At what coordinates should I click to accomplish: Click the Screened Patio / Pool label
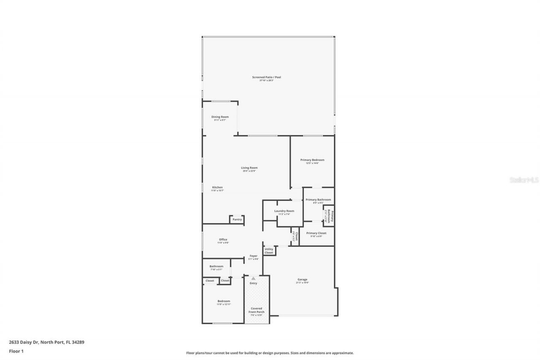(267, 78)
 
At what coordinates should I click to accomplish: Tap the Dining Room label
(220, 117)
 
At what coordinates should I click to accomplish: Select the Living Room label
(249, 168)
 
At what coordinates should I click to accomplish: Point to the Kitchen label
(217, 188)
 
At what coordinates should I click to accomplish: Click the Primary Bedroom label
(312, 160)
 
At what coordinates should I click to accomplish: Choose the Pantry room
(237, 219)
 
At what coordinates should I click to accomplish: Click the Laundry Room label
(284, 211)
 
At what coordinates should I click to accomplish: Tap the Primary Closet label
(316, 233)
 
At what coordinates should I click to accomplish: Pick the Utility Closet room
(269, 251)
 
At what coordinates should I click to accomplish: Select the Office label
(223, 240)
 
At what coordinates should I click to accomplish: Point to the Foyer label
(253, 256)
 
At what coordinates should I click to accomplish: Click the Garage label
(302, 280)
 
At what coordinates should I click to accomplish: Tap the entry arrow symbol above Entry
(253, 279)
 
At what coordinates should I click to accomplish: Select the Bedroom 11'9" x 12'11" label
(224, 301)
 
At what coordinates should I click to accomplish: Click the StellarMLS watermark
(524, 180)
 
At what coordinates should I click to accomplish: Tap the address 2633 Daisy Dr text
(46, 342)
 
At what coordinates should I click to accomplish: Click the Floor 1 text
(16, 351)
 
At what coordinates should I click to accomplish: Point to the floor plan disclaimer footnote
(270, 353)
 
